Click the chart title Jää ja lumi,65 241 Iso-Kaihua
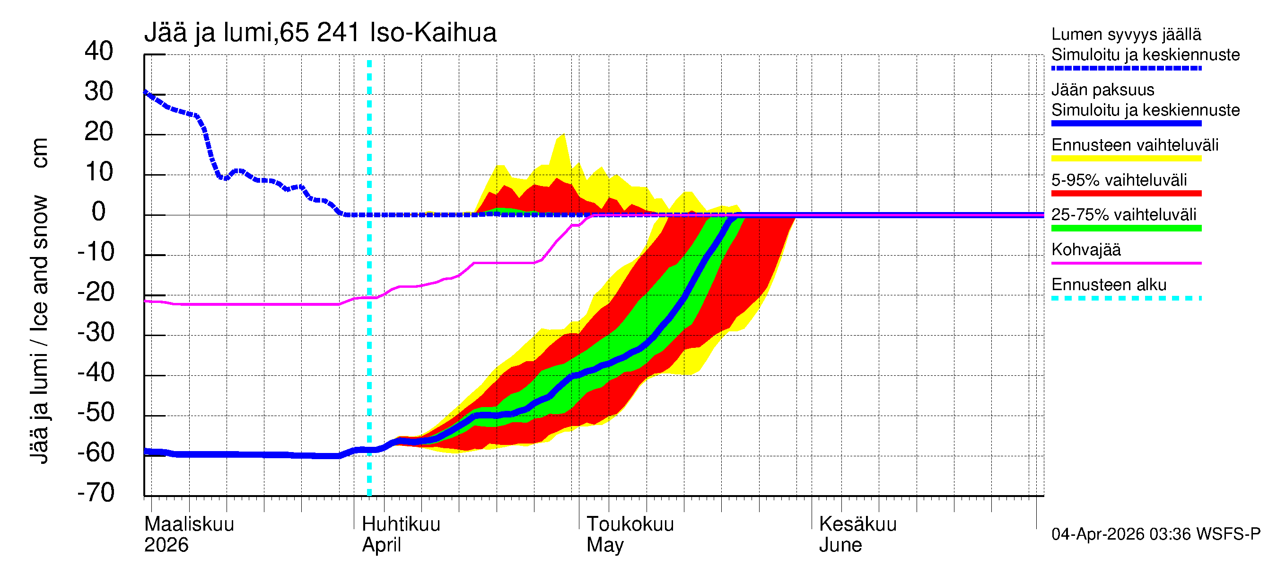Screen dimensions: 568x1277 coord(320,33)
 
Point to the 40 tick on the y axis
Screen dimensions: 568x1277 coord(99,51)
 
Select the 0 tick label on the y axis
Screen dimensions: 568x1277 coord(99,212)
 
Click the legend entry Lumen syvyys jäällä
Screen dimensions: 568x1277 coord(1126,35)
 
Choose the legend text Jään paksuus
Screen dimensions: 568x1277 coord(1102,90)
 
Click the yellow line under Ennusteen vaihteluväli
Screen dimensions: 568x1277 coord(1126,159)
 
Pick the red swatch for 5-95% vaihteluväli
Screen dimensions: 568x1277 coord(1126,194)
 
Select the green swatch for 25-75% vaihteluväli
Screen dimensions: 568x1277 coord(1126,228)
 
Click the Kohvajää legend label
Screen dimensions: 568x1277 coord(1085,250)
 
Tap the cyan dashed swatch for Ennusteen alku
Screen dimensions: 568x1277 coord(1126,299)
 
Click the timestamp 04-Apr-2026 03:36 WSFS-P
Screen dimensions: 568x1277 coord(1155,534)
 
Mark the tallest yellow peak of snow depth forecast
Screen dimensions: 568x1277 coord(563,135)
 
